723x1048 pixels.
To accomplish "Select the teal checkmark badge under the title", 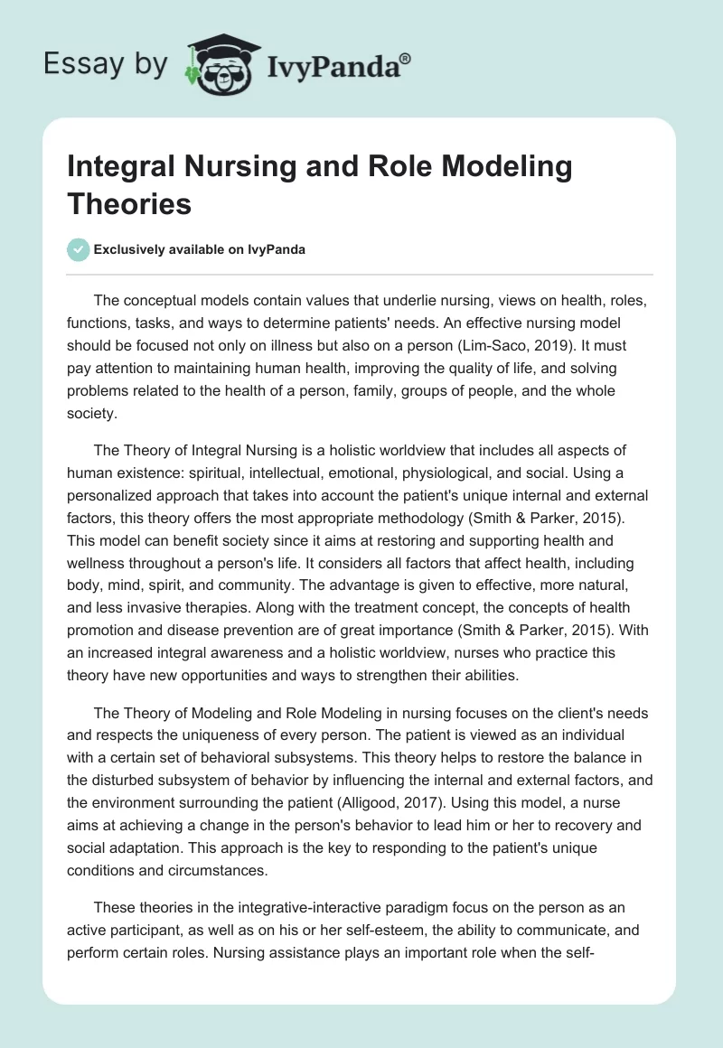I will point(79,249).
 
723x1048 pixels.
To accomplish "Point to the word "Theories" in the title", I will point(130,204).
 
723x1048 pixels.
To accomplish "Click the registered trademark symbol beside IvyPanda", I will point(406,58).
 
